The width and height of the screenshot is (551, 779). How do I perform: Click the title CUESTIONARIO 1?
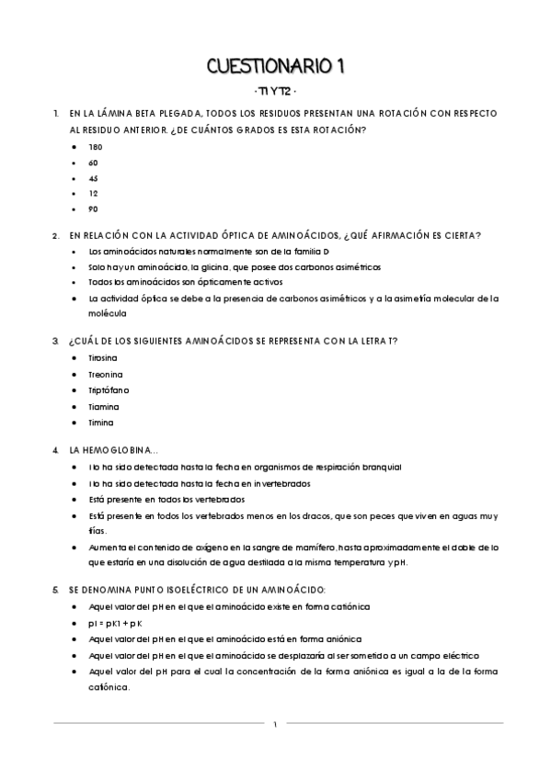coord(275,66)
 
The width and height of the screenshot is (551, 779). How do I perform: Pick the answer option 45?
coord(94,177)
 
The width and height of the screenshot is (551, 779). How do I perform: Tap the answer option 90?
coord(94,209)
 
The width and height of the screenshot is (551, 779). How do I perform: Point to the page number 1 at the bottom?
coord(275,724)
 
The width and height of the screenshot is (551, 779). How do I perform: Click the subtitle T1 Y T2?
coord(275,93)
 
